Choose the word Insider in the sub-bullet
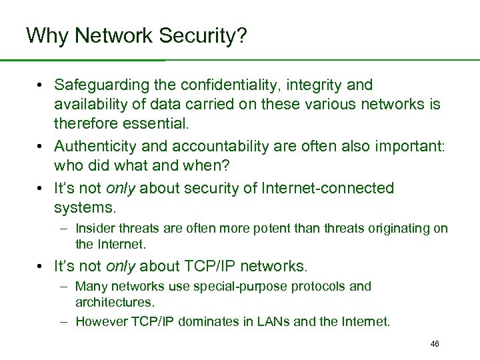point(95,229)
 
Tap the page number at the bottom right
point(435,343)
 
